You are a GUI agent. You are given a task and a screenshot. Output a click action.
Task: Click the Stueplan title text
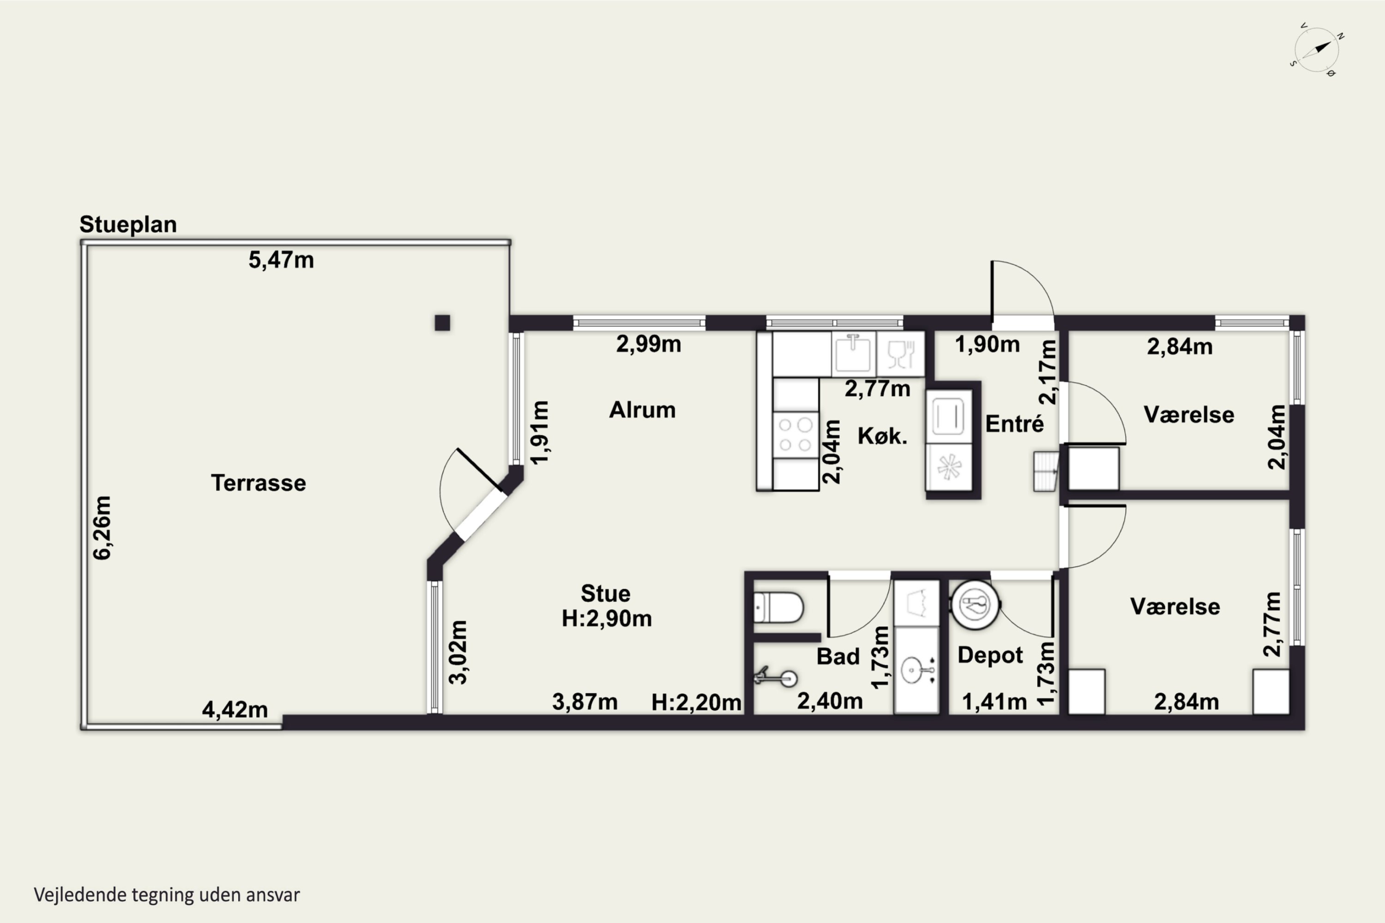point(128,224)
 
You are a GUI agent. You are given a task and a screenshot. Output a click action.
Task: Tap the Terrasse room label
point(259,483)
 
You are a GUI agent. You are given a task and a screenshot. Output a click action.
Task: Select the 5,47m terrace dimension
point(281,259)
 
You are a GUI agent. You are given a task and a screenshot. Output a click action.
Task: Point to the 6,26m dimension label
point(102,527)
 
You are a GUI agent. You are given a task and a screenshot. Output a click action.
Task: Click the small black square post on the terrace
point(442,323)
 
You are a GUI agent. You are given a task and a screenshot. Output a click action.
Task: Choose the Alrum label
point(642,410)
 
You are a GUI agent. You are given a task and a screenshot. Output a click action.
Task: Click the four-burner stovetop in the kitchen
point(795,434)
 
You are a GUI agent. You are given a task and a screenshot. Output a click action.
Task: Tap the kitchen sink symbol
point(853,353)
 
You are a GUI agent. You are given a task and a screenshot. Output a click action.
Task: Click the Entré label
point(1014,424)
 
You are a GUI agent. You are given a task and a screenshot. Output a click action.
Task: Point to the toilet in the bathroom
point(778,607)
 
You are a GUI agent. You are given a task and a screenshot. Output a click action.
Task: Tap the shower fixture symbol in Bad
point(776,677)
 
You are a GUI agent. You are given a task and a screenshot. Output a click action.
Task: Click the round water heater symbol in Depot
point(975,605)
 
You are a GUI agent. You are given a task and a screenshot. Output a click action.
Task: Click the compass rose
point(1317,50)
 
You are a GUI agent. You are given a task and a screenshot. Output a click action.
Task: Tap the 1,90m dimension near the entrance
point(987,344)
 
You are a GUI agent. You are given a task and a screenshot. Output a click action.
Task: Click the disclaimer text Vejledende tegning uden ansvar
point(167,895)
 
